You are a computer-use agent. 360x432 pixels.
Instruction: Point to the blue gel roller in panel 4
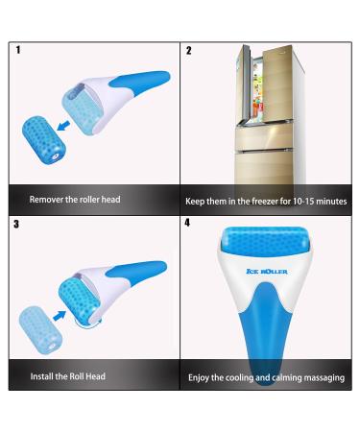[264, 244]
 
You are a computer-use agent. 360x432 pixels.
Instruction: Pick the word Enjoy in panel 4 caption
[202, 377]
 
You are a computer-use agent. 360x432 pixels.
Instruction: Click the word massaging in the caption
[322, 377]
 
